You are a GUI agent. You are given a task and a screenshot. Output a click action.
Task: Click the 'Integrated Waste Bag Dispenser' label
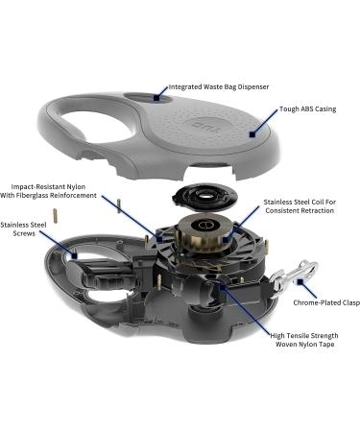pos(219,86)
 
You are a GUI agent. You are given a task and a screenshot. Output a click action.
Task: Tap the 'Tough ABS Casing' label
pos(308,108)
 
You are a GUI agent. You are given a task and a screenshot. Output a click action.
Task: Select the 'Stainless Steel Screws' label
pos(23,229)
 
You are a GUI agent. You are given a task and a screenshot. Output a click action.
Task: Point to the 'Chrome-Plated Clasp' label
pos(326,302)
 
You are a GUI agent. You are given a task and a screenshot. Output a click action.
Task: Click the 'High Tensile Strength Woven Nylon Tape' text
pos(304,340)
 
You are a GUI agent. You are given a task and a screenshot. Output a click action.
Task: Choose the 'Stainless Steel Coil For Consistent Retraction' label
pos(300,206)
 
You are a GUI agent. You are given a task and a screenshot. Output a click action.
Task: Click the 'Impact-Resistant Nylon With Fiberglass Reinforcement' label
pos(48,191)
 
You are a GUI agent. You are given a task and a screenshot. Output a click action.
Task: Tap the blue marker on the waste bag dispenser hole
pos(156,98)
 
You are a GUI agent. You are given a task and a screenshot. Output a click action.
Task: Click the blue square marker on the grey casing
pos(252,134)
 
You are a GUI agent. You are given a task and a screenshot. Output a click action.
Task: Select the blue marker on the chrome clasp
pos(300,281)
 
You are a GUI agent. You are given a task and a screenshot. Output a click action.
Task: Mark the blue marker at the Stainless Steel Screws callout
pos(75,256)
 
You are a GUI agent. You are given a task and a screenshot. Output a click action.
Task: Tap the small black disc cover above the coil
pos(204,198)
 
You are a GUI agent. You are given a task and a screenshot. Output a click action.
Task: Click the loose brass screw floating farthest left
pos(55,216)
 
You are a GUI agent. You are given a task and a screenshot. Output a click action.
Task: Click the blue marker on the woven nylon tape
pos(223,287)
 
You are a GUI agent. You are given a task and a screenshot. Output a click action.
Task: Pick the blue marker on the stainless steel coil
pos(227,239)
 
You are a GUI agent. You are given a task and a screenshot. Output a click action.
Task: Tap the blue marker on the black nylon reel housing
pos(159,238)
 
